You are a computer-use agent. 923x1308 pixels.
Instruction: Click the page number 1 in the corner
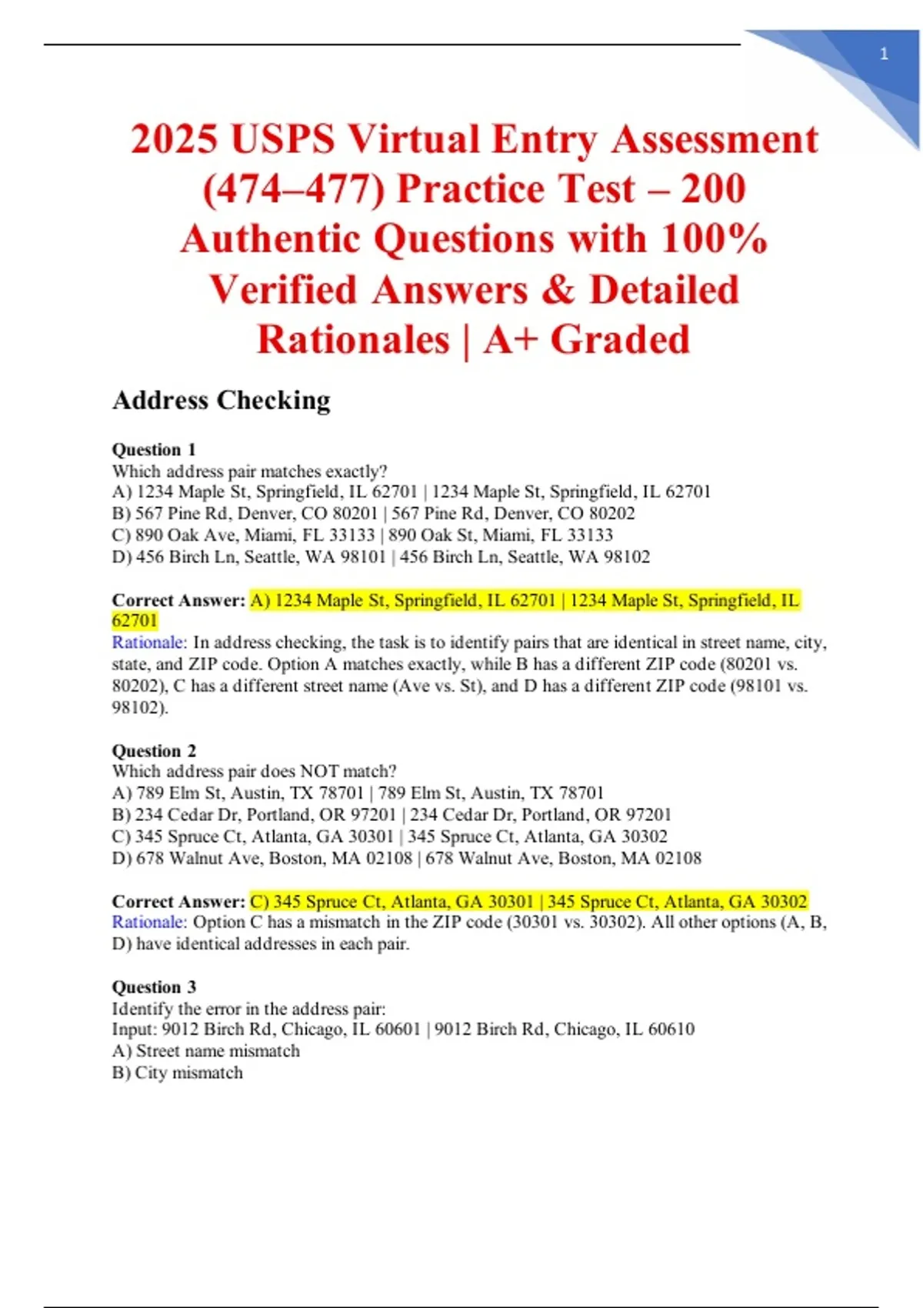(x=884, y=54)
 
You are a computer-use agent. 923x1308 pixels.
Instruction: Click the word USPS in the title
(x=282, y=139)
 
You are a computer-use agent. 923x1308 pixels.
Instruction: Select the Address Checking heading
(x=222, y=400)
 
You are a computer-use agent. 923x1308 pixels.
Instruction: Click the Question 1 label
(x=154, y=449)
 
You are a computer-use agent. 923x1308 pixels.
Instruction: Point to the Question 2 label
(x=154, y=750)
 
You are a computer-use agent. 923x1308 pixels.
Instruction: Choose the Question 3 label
(x=154, y=986)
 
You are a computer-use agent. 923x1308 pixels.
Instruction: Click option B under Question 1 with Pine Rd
(x=373, y=513)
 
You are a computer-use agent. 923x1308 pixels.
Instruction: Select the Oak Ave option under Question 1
(x=362, y=535)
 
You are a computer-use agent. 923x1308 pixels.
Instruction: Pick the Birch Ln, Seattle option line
(x=381, y=556)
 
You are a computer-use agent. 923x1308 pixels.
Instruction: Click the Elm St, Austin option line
(x=358, y=792)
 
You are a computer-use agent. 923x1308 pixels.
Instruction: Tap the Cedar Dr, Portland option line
(x=392, y=814)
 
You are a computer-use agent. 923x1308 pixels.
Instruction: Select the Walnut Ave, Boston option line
(x=406, y=858)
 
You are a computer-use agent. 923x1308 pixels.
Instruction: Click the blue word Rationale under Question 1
(x=149, y=642)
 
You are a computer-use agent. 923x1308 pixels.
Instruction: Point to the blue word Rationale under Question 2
(x=149, y=922)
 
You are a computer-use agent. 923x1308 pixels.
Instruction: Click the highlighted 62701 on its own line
(x=135, y=621)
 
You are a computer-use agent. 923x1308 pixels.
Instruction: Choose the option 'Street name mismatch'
(x=206, y=1051)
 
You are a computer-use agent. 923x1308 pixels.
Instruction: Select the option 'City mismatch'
(x=178, y=1073)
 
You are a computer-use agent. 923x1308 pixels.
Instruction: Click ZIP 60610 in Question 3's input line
(x=671, y=1029)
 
